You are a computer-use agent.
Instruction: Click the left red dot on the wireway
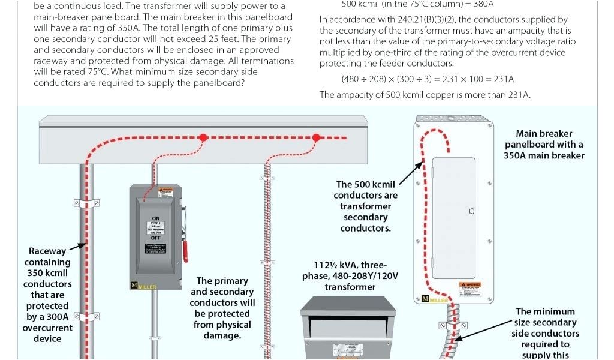click(203, 138)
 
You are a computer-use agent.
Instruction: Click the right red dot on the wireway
click(315, 138)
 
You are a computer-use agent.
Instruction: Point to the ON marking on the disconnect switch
click(156, 218)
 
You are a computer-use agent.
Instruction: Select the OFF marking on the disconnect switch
click(156, 238)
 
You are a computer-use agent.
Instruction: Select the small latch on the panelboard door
click(472, 211)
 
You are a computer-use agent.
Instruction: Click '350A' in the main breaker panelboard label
click(519, 155)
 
